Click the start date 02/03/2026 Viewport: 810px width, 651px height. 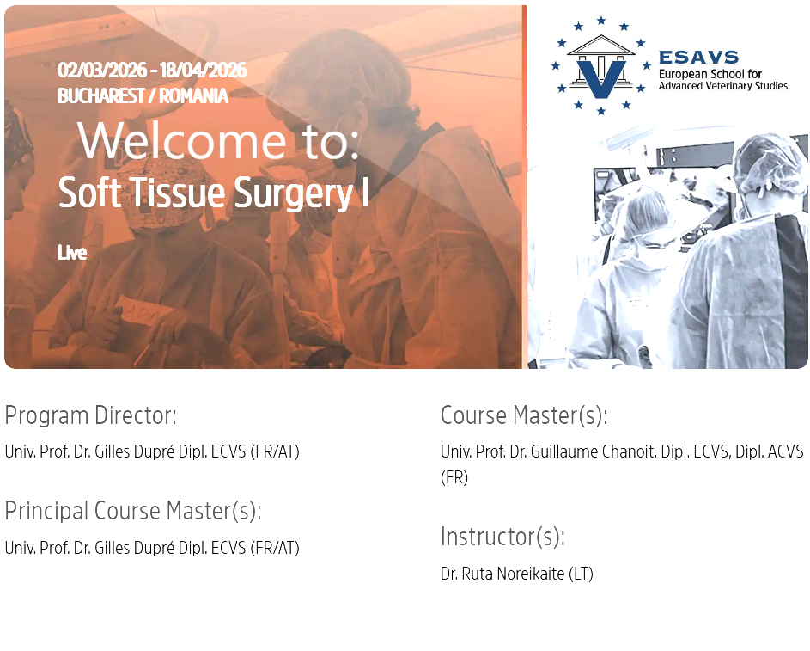[101, 71]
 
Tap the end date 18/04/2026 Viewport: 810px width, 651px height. [203, 71]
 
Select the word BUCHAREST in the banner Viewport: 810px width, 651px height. [101, 96]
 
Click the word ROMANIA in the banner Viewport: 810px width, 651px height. [193, 96]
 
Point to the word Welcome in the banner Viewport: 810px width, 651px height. [182, 141]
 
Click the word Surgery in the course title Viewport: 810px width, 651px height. [294, 193]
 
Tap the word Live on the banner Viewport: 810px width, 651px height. [72, 253]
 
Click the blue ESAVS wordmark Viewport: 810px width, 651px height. [698, 57]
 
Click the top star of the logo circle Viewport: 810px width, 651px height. [600, 21]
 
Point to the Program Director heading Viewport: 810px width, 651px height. [91, 415]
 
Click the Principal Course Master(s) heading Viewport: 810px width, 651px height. [133, 512]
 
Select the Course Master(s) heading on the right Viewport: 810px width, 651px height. [524, 415]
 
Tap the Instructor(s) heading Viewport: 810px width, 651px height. [502, 537]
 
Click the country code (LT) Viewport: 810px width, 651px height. [581, 574]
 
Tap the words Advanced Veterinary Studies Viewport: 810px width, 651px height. [723, 86]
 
